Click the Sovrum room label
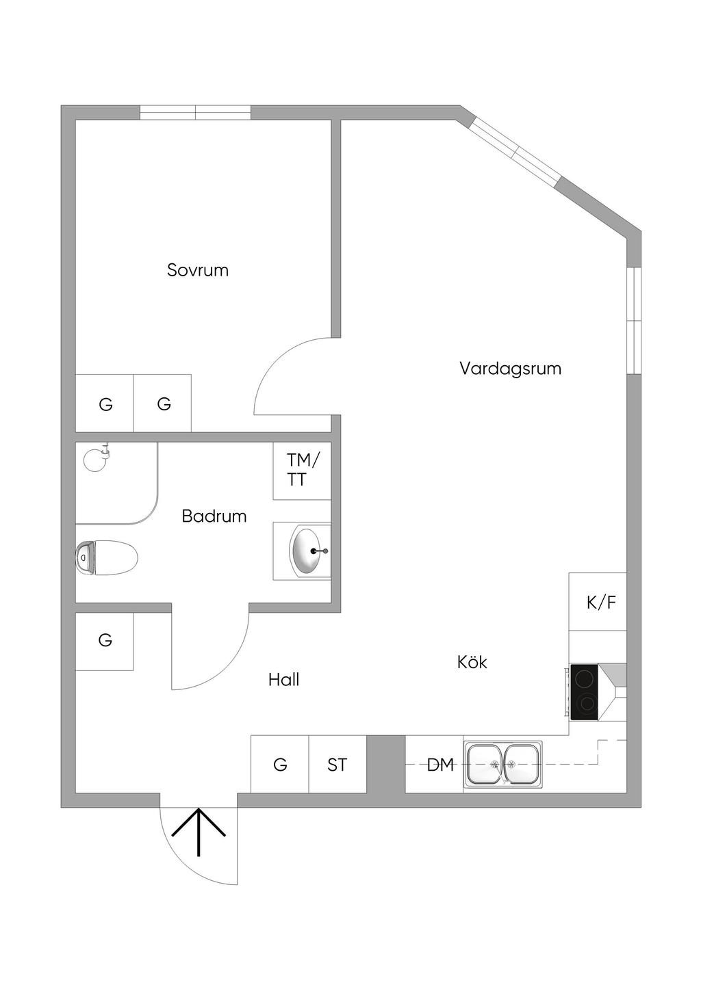(x=198, y=270)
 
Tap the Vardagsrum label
(x=510, y=369)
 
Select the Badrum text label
(x=214, y=516)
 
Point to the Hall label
(x=283, y=680)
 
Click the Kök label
(x=472, y=662)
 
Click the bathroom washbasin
(x=307, y=551)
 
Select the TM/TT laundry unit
(x=302, y=471)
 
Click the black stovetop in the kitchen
(x=584, y=691)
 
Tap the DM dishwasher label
(x=440, y=765)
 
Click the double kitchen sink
(x=503, y=765)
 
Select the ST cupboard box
(x=337, y=765)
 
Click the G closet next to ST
(x=280, y=765)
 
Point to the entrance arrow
(x=199, y=832)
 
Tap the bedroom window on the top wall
(x=195, y=112)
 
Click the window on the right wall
(x=635, y=320)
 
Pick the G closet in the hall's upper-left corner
(x=105, y=641)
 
